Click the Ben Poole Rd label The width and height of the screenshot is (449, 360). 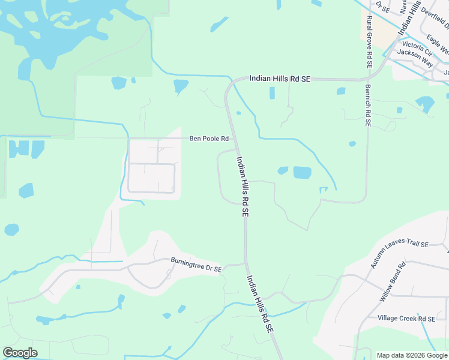[209, 139]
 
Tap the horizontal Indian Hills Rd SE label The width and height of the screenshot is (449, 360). [280, 79]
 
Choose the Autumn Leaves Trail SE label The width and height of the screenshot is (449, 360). [399, 244]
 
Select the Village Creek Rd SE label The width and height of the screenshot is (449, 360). [406, 318]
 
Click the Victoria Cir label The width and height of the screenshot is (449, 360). [417, 45]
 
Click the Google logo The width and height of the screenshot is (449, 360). [20, 353]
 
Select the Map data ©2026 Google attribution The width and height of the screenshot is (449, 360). [412, 355]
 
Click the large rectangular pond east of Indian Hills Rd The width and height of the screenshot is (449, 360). [302, 173]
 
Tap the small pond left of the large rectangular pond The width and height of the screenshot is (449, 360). [283, 170]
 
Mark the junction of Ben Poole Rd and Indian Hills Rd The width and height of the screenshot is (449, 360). [234, 139]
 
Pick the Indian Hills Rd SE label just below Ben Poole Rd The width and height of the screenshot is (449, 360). [243, 187]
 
